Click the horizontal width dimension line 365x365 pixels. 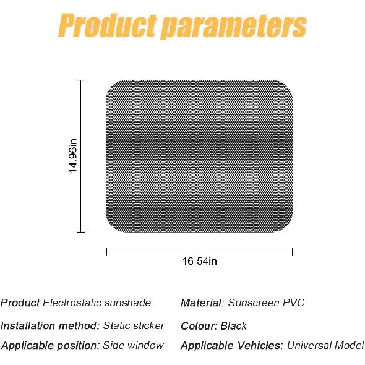click(x=155, y=251)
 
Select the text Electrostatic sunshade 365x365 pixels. click(x=96, y=303)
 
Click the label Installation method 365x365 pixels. click(x=49, y=325)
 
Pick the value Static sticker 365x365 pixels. click(x=134, y=325)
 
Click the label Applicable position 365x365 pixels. click(x=49, y=345)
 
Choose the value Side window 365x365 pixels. click(x=134, y=345)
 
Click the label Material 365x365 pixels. click(x=201, y=303)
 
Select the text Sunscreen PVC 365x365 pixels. click(x=266, y=303)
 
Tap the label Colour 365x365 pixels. click(x=199, y=325)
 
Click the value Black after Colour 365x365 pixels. click(x=233, y=325)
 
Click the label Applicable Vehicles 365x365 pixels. click(x=232, y=345)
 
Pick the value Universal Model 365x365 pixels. click(x=326, y=345)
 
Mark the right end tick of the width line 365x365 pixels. click(x=293, y=251)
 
